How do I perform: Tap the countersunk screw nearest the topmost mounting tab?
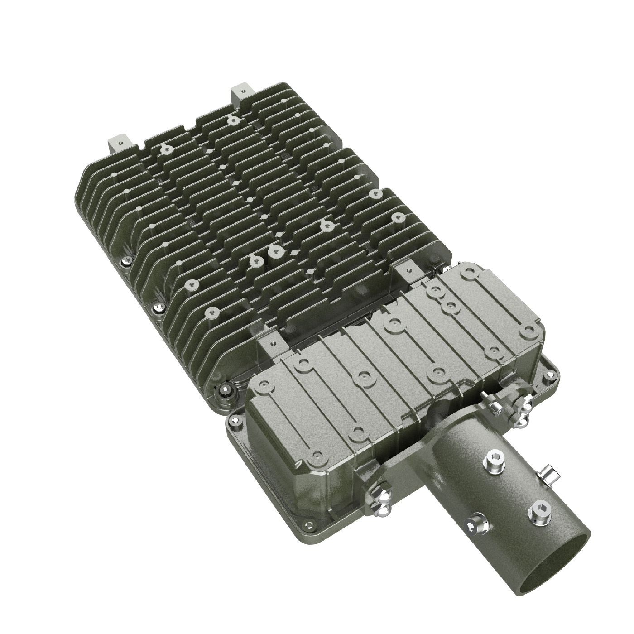click(234, 120)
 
